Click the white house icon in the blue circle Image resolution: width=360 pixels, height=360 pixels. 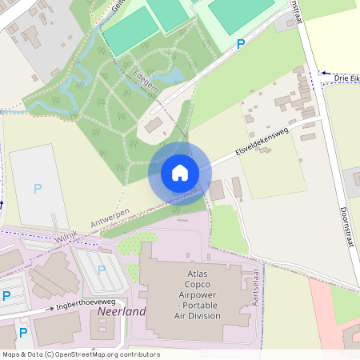click(x=180, y=173)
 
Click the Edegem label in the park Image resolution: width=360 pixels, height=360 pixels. click(x=144, y=82)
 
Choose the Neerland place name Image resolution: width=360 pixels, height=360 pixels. click(x=122, y=311)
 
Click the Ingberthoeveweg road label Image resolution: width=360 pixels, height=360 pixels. click(x=87, y=305)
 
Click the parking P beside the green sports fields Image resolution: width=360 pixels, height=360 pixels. click(x=241, y=45)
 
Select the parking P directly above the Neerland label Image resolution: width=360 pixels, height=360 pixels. click(x=102, y=270)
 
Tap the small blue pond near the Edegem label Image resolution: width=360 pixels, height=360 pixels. click(x=172, y=76)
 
